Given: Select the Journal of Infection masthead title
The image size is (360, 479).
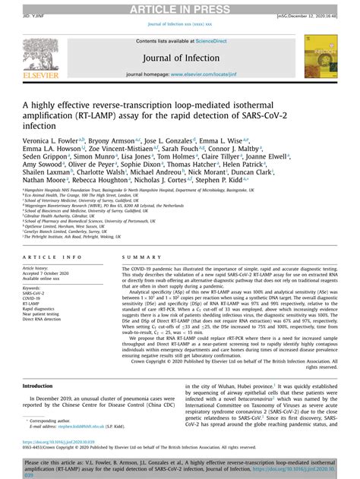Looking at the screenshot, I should [x=180, y=59].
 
